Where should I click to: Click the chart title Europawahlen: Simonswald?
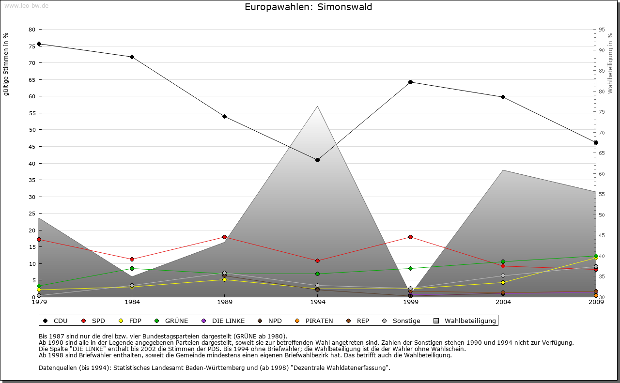(309, 7)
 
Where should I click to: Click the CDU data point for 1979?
(39, 44)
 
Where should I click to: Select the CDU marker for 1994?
(317, 160)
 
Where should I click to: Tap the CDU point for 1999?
(410, 82)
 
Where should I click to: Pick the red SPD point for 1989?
(224, 237)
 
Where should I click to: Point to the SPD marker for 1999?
(410, 237)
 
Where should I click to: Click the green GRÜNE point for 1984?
(132, 268)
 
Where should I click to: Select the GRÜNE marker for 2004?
(503, 262)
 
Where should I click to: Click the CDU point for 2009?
(596, 142)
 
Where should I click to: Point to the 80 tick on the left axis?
(32, 30)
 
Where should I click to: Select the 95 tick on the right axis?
(602, 30)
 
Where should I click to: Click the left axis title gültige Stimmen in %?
(6, 64)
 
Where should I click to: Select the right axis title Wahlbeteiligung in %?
(610, 63)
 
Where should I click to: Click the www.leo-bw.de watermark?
(26, 5)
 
